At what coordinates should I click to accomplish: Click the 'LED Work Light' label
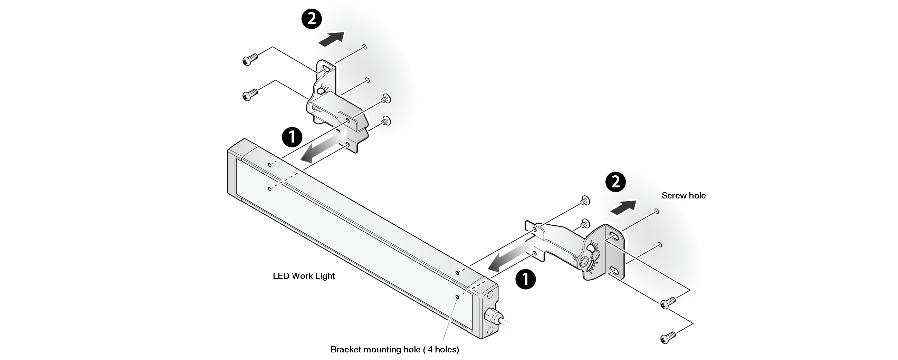(304, 276)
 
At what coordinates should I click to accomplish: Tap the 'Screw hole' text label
(683, 195)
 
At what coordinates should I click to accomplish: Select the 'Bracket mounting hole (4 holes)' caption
(395, 349)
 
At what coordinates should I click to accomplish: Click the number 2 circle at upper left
(311, 19)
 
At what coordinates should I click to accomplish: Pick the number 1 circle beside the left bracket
(292, 137)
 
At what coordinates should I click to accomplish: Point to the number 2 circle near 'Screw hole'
(615, 182)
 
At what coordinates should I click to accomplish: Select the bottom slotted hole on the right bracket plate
(614, 272)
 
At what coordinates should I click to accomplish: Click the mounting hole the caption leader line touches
(457, 297)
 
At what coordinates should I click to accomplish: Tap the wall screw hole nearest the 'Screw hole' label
(657, 211)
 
